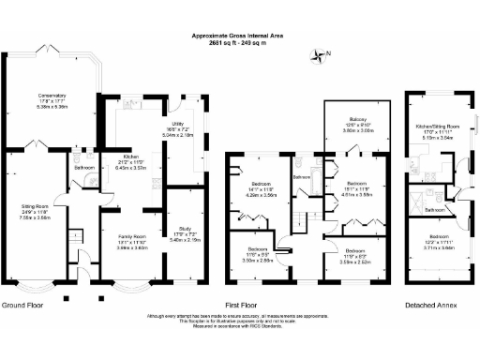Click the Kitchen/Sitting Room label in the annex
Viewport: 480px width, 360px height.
[x=437, y=125]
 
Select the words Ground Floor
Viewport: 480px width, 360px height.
[x=25, y=306]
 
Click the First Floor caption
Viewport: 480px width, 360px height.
[x=252, y=306]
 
